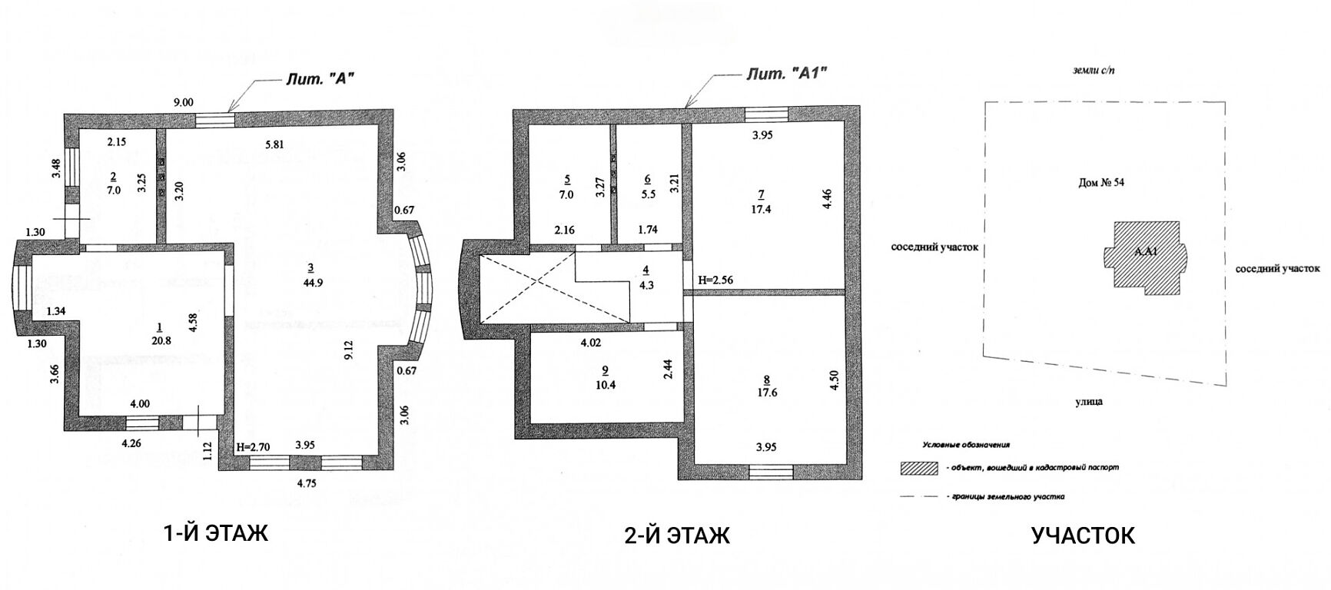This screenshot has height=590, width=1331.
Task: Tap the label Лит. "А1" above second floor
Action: [787, 74]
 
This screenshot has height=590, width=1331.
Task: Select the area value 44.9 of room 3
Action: [310, 282]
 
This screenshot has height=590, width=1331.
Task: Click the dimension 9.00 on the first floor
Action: [184, 102]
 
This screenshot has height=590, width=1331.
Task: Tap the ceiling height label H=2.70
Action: [254, 445]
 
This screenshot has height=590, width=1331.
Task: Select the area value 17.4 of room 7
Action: [761, 209]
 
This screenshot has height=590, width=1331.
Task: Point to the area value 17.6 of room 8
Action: [766, 392]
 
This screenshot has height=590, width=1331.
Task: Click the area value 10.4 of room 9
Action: [606, 386]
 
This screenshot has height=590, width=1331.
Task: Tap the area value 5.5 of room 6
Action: [648, 195]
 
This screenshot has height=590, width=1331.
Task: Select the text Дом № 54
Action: [1101, 183]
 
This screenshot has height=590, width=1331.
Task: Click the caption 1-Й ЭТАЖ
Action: [217, 533]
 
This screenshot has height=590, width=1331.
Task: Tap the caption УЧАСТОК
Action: [1083, 535]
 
